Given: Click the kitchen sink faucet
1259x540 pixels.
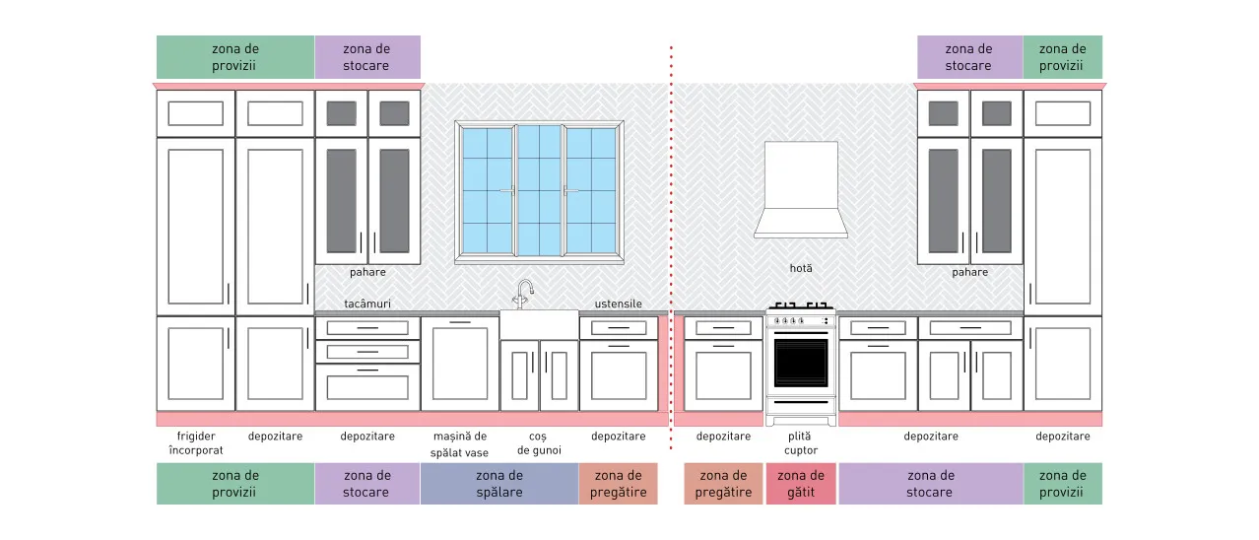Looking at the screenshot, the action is click(523, 294).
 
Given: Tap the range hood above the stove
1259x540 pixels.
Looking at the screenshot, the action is click(801, 190).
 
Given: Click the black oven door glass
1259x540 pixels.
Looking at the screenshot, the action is click(801, 363).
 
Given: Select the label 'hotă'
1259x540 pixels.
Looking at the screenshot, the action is click(801, 269).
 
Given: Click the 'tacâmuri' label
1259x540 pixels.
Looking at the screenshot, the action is click(367, 304).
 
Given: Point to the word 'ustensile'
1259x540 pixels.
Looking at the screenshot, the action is click(619, 304).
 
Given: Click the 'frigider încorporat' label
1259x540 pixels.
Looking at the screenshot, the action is click(196, 442).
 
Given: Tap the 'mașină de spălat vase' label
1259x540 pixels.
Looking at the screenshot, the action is click(460, 443).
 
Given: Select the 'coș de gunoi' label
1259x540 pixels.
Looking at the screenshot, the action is click(539, 443).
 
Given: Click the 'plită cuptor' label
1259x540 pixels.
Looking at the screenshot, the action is click(800, 443).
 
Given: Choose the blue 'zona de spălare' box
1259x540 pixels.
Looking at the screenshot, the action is click(499, 483).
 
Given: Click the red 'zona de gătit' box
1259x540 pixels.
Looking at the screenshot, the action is click(801, 483).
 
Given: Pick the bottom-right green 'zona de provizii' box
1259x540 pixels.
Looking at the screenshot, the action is click(1062, 483).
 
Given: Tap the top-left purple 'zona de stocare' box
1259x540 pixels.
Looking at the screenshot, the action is click(367, 57).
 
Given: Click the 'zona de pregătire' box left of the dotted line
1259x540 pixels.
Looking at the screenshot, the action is click(619, 483).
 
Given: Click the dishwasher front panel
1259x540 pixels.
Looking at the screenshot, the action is click(460, 364).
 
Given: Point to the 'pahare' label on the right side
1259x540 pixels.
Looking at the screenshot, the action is click(969, 272).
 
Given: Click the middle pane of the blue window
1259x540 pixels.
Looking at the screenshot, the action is click(539, 190).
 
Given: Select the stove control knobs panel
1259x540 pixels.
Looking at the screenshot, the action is click(801, 321).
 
